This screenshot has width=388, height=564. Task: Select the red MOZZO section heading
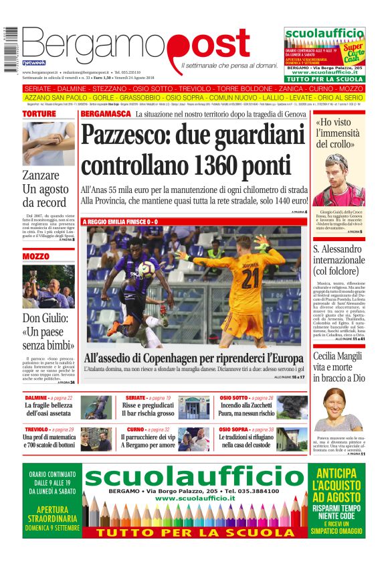[35, 257]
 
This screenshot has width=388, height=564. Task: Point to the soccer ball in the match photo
[147, 268]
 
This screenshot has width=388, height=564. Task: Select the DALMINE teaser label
[36, 398]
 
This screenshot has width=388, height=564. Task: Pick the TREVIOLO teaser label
[37, 429]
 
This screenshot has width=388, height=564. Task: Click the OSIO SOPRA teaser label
[235, 429]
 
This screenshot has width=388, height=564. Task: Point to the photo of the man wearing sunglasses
[338, 181]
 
